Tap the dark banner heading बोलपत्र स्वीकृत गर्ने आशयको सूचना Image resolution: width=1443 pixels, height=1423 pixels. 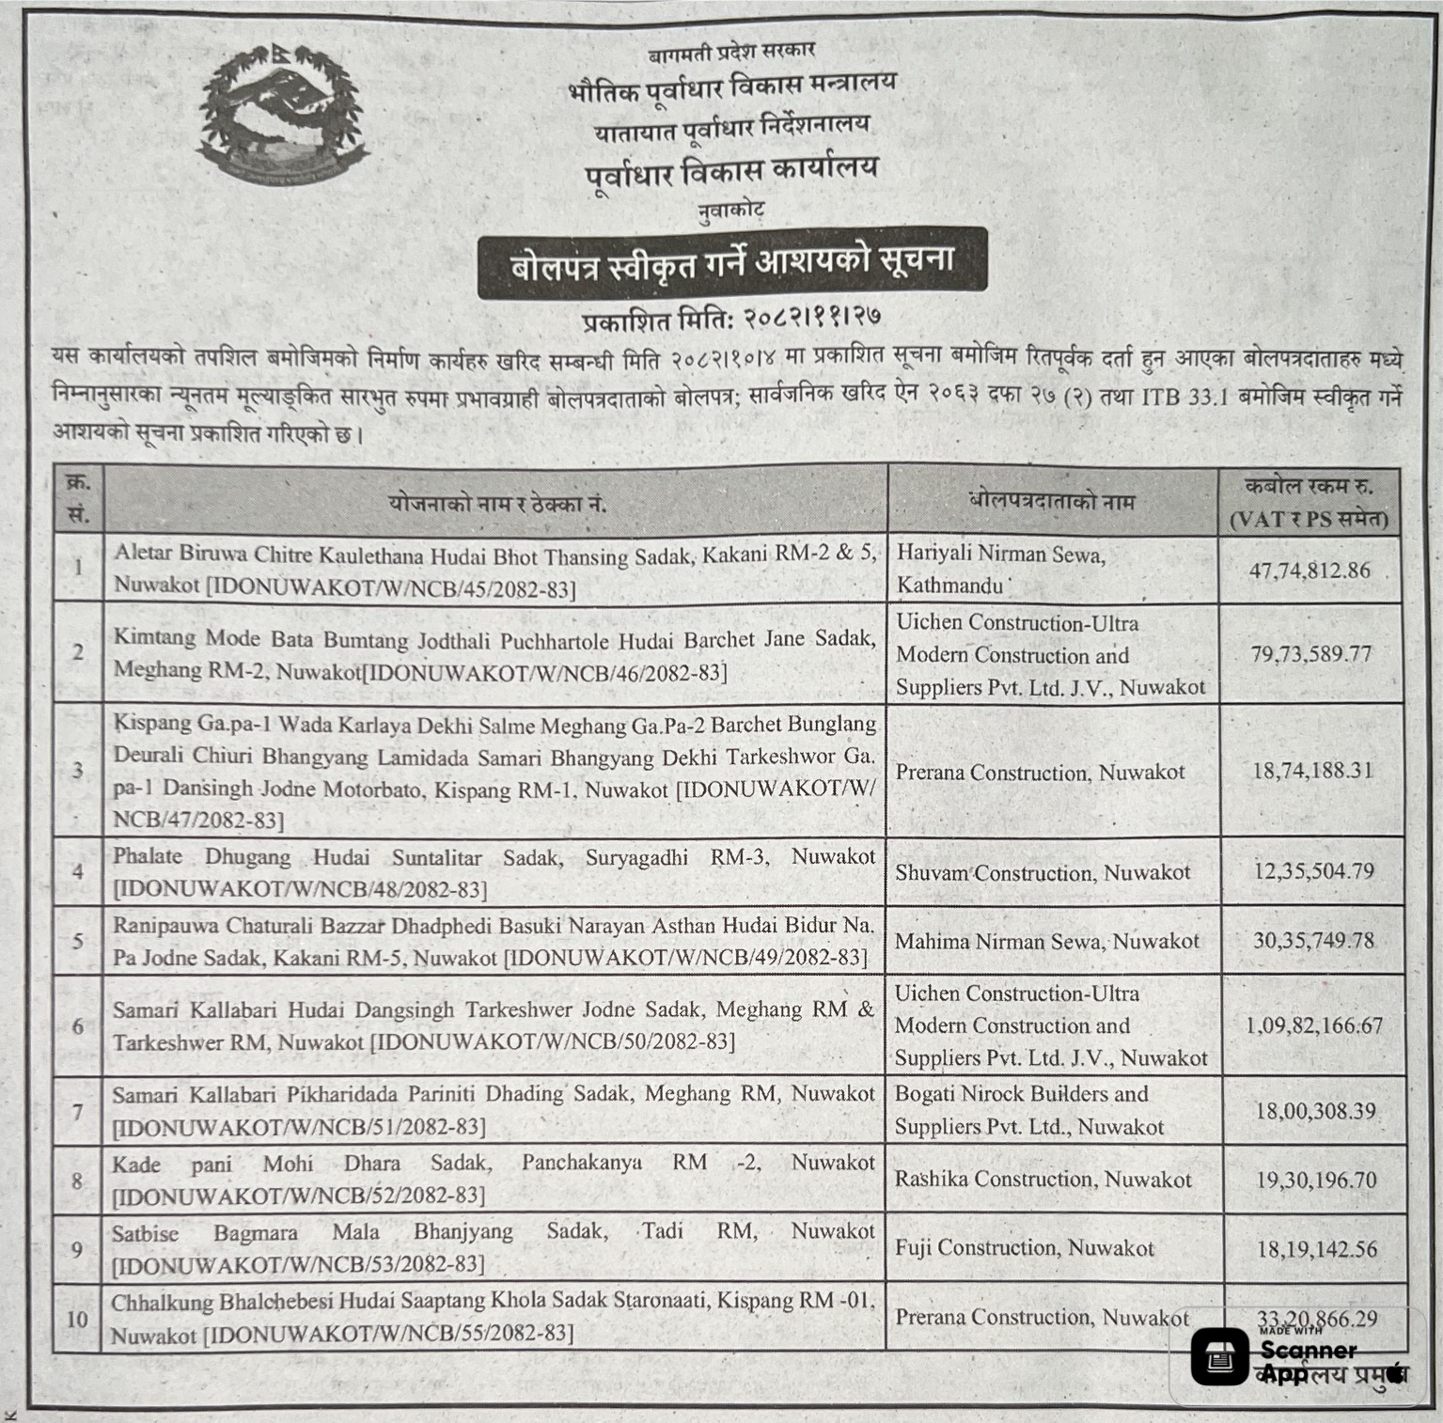coord(732,263)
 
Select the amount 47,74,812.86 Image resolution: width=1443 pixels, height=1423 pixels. coord(1310,570)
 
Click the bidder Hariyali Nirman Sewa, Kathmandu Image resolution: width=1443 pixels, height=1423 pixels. coord(1002,570)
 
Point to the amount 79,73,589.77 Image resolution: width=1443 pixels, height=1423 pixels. coord(1310,653)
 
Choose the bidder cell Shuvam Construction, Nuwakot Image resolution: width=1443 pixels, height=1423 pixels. coord(1043,872)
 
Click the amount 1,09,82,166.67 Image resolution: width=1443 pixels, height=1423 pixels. coord(1313,1025)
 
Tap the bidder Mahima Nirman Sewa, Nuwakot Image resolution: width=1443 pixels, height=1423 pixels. coord(1047,941)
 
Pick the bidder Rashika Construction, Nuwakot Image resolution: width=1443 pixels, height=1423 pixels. coord(1043,1179)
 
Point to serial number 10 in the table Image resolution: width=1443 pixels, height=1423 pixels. coord(77,1318)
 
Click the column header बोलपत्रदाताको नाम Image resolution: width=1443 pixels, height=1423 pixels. coord(1052,501)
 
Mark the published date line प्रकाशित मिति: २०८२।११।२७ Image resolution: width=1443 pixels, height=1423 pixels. coord(731,318)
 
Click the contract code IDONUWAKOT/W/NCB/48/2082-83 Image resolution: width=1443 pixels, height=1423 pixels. coord(300,889)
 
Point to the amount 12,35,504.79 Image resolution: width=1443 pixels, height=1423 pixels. coord(1313,870)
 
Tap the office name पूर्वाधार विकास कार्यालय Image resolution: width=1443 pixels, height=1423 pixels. coord(730,170)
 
